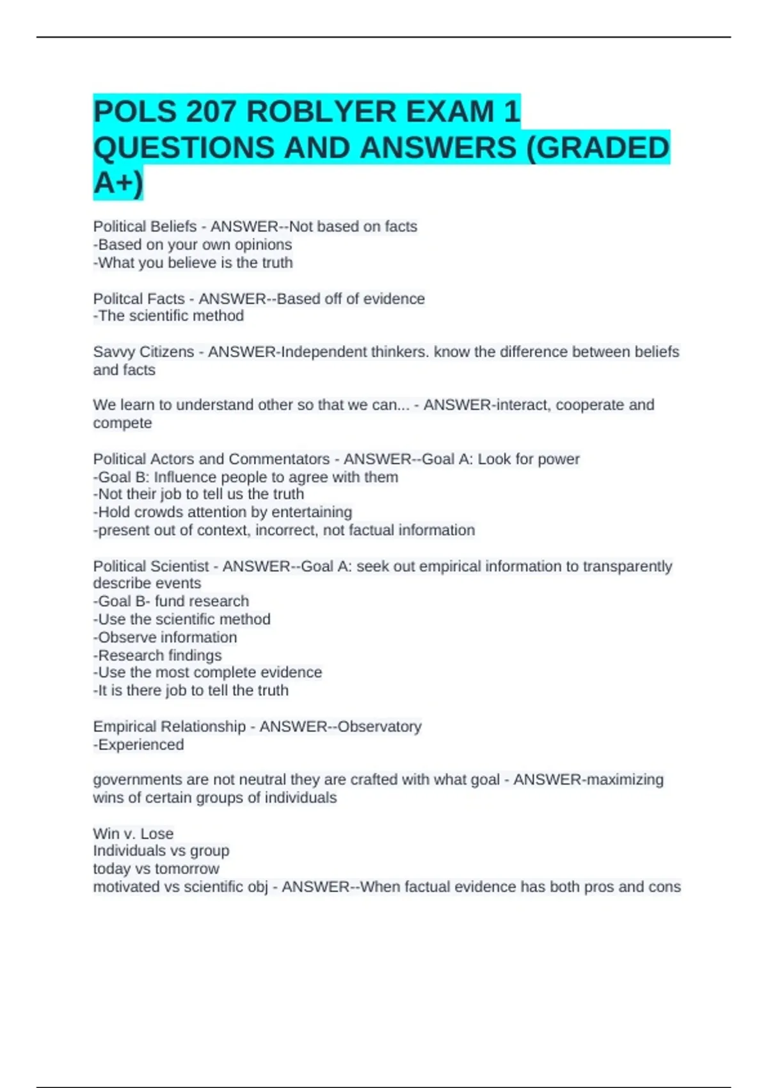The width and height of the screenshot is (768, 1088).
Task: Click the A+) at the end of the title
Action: pyautogui.click(x=118, y=183)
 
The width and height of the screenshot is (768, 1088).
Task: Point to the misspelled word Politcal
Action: pyautogui.click(x=115, y=299)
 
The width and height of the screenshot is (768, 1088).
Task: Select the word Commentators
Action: pyautogui.click(x=279, y=459)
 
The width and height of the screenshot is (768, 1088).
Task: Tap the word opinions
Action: pyautogui.click(x=263, y=244)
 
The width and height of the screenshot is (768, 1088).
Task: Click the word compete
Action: pyautogui.click(x=122, y=423)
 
